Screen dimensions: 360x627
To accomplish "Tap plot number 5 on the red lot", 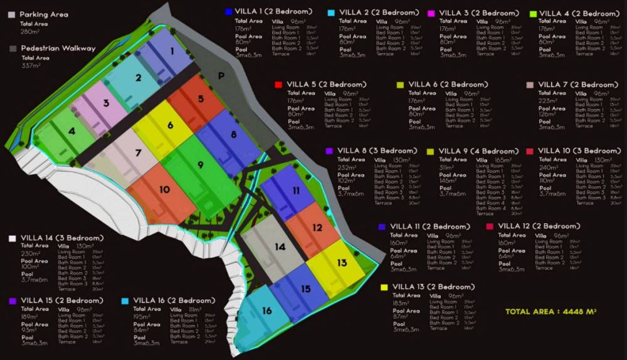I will pyautogui.click(x=201, y=98).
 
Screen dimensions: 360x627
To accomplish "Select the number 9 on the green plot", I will pyautogui.click(x=200, y=165).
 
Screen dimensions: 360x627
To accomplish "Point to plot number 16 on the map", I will pyautogui.click(x=267, y=311).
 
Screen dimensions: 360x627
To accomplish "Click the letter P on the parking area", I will pyautogui.click(x=221, y=75).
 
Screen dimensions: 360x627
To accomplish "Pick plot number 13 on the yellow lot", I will pyautogui.click(x=341, y=263).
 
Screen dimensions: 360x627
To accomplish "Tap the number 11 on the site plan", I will pyautogui.click(x=296, y=190).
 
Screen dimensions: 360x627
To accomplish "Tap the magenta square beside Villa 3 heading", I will pyautogui.click(x=431, y=13).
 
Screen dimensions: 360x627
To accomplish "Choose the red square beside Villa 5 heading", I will pyautogui.click(x=278, y=84).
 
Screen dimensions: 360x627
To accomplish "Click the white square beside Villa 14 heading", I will pyautogui.click(x=12, y=238).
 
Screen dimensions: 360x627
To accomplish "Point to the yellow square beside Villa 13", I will pyautogui.click(x=384, y=287).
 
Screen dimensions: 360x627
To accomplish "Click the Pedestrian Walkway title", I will pyautogui.click(x=58, y=48).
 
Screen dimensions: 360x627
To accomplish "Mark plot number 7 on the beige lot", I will pyautogui.click(x=138, y=153).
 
